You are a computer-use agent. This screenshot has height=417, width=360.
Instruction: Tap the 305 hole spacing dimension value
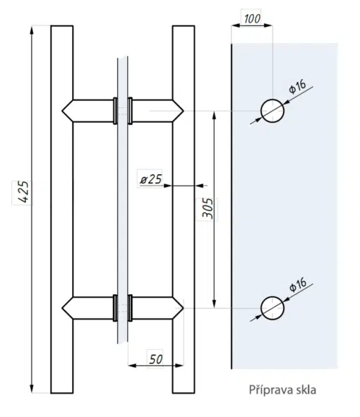pos(208,209)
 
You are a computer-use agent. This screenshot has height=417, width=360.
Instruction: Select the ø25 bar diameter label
pos(151,179)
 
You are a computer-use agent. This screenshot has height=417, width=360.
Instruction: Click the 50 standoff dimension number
pos(156,360)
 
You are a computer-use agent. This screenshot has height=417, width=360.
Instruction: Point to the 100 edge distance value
pos(252,19)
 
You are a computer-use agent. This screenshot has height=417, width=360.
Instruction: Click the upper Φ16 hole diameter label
pos(297,87)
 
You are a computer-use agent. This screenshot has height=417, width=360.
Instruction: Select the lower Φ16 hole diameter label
pos(298,284)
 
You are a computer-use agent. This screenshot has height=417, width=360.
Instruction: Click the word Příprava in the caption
pos(271,390)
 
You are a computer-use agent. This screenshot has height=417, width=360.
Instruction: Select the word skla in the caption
pos(306,390)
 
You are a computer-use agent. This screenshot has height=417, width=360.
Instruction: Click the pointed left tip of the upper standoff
pos(62,111)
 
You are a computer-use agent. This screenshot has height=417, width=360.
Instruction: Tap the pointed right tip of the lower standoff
pos(184,308)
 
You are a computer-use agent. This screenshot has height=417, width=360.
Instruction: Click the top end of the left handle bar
pos(62,26)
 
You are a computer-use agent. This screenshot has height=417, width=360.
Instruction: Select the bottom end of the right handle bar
pos(184,392)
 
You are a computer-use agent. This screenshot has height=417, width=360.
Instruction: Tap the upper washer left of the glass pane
pos(115,111)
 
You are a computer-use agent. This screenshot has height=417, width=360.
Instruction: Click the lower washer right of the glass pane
pos(130,308)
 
